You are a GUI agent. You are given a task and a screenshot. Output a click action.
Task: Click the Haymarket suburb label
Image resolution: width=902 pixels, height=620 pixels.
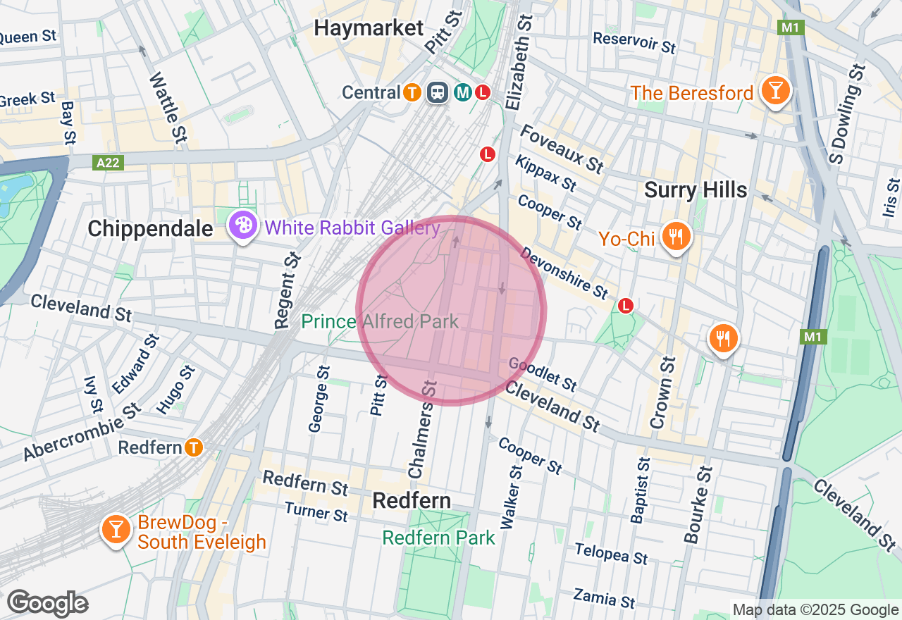[x=369, y=28]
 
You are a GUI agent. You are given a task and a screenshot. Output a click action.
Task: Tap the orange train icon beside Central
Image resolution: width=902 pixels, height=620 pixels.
[x=412, y=92]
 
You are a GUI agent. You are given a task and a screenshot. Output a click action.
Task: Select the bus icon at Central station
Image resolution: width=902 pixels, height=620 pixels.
[x=438, y=92]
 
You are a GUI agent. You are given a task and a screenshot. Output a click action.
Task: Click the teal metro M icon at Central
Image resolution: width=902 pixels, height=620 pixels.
[x=463, y=92]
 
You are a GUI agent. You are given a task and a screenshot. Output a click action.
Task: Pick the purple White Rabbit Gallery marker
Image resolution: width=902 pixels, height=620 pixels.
[x=242, y=227]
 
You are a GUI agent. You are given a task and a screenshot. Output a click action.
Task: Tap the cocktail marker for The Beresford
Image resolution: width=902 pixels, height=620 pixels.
[x=775, y=92]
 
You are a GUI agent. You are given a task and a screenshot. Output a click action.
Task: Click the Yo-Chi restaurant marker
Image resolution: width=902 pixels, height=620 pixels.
[x=676, y=237]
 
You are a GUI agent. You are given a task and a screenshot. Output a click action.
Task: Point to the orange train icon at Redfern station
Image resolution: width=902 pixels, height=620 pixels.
[x=194, y=447]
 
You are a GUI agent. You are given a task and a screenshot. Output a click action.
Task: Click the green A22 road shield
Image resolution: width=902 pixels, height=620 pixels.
[x=109, y=163]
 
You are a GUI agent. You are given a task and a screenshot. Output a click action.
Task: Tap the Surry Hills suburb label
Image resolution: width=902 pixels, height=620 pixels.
[x=696, y=190]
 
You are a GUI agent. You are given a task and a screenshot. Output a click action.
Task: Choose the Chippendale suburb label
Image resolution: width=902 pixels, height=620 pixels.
[x=150, y=228]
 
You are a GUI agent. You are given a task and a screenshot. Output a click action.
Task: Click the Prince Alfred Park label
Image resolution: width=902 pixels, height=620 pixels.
[x=380, y=322]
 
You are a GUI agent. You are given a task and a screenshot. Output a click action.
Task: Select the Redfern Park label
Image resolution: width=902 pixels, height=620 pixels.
[x=438, y=538]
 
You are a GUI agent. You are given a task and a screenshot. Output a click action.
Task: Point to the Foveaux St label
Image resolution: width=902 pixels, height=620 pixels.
[x=562, y=149]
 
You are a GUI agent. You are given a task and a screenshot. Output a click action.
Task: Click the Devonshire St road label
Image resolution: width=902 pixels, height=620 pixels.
[x=564, y=272]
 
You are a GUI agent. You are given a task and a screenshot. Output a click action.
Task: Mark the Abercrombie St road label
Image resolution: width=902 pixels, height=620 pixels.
[x=81, y=431]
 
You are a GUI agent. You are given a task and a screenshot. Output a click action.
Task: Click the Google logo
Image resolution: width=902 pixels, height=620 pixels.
[x=47, y=604]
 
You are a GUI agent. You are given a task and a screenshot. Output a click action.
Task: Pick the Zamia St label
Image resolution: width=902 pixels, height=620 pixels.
[x=604, y=598]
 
